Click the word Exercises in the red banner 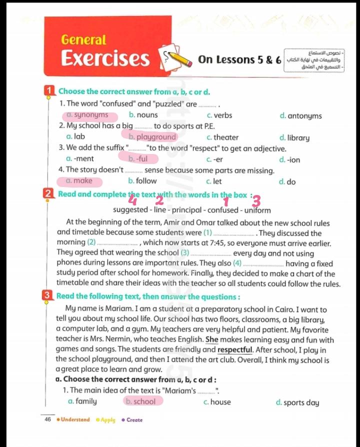coord(105,58)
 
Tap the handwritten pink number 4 coord(132,200)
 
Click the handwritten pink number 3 coord(256,201)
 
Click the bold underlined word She coord(212,340)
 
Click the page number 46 coord(48,420)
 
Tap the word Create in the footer coord(134,420)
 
